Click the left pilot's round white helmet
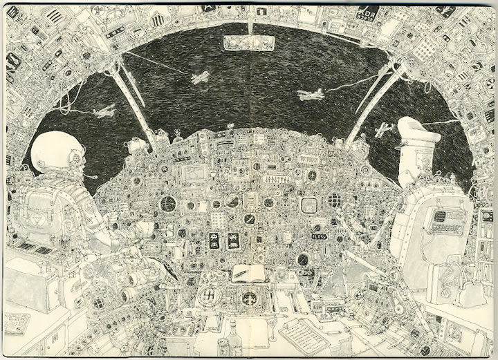point(57,155)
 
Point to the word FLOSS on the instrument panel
point(320,235)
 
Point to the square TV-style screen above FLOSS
point(309,205)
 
